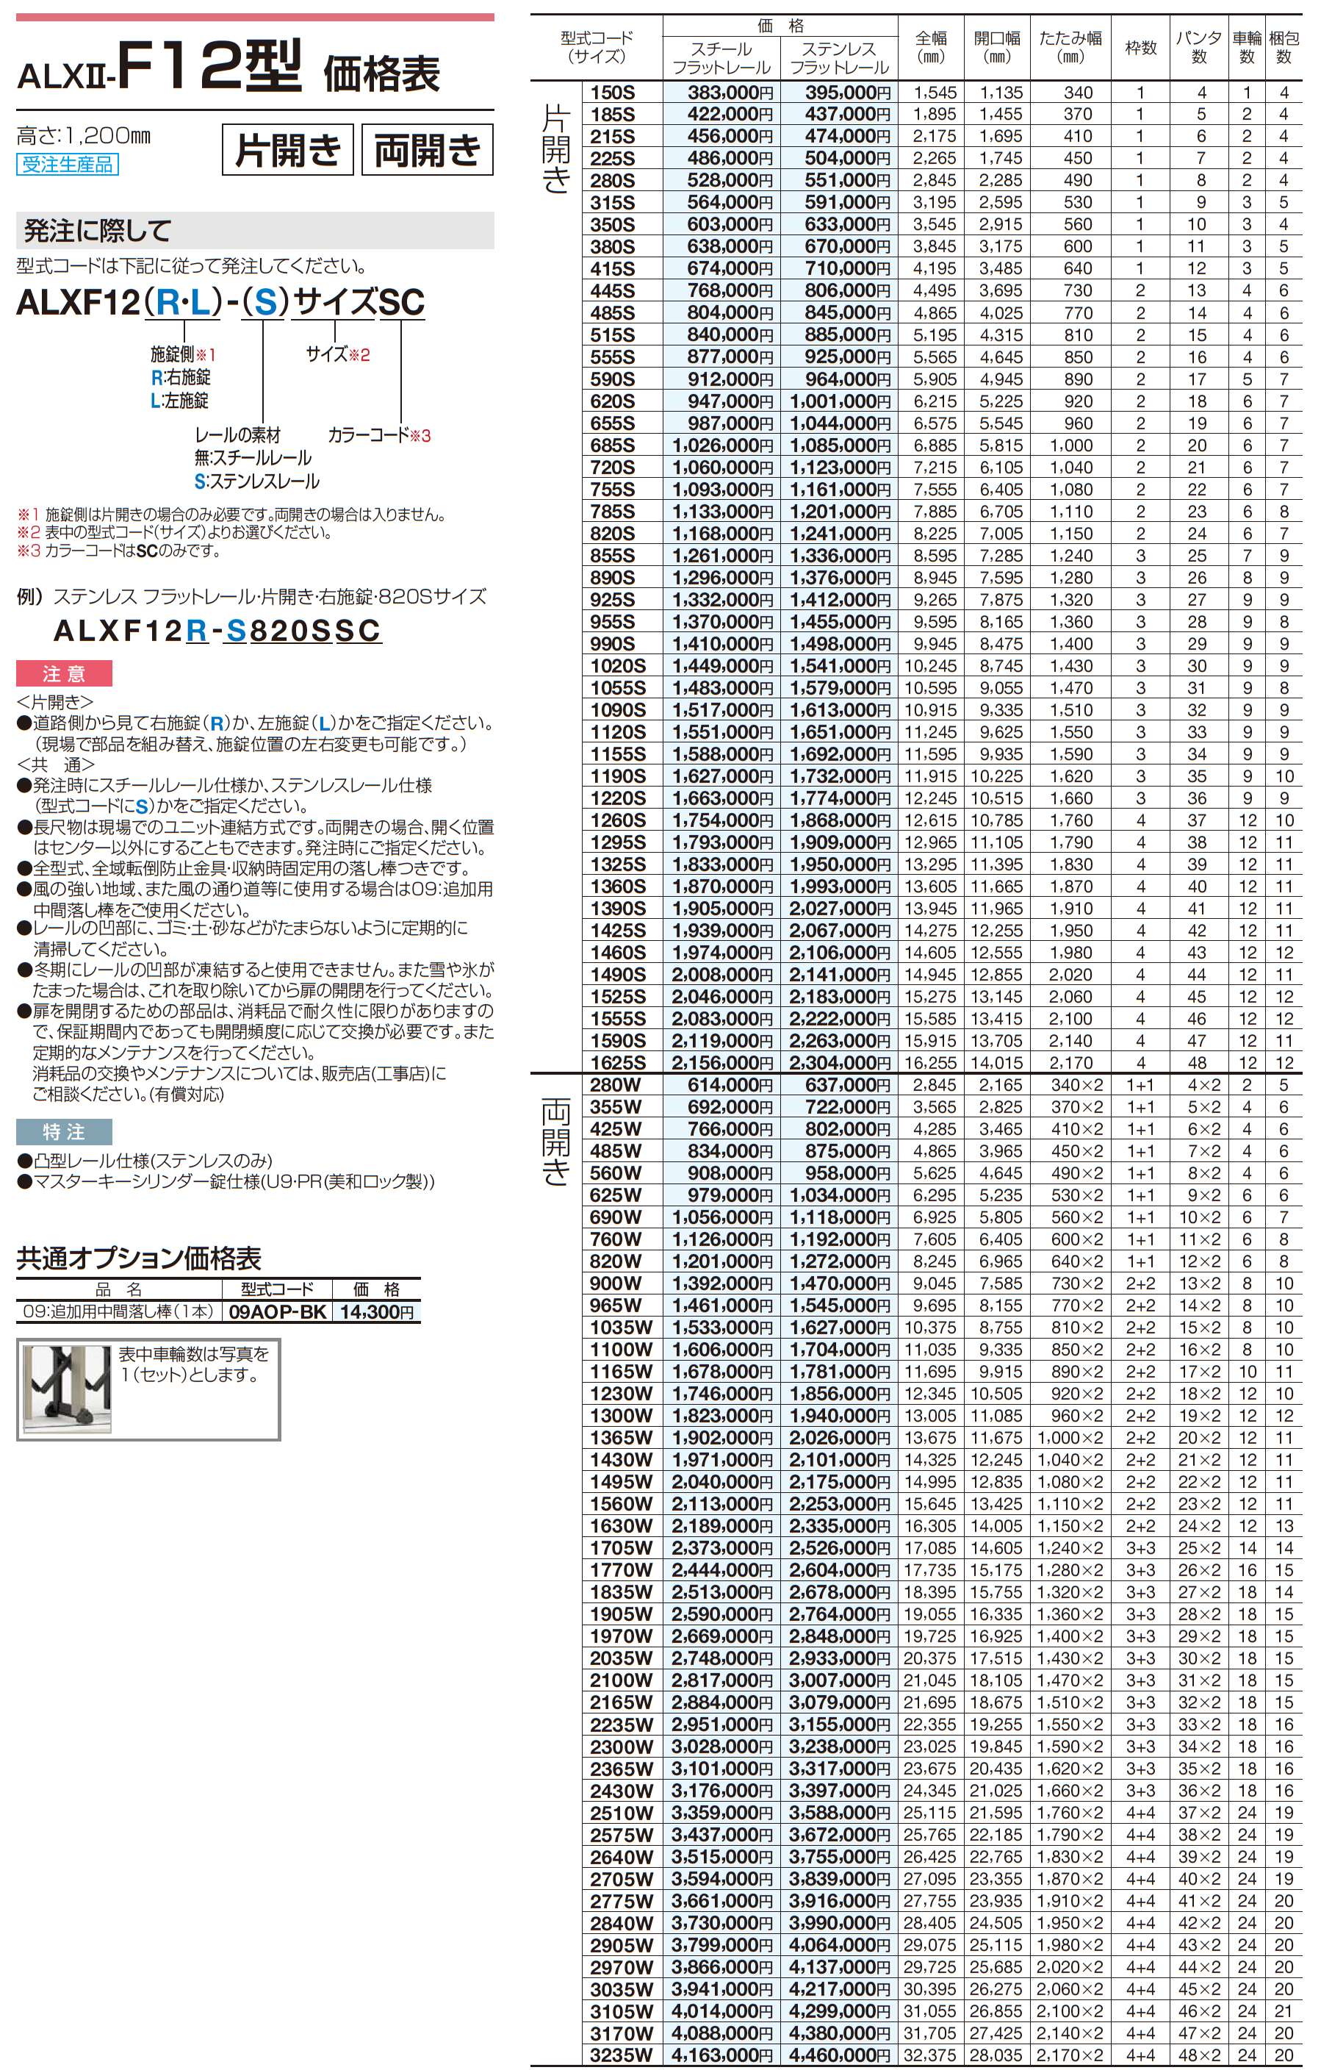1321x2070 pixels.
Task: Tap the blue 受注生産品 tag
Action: pyautogui.click(x=67, y=164)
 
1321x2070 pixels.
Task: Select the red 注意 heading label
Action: pyautogui.click(x=64, y=674)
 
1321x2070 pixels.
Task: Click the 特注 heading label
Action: pyautogui.click(x=64, y=1132)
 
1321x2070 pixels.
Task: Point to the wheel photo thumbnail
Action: pyautogui.click(x=66, y=1389)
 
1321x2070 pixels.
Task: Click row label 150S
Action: pyautogui.click(x=612, y=93)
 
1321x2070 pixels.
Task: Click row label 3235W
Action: pyautogui.click(x=621, y=2055)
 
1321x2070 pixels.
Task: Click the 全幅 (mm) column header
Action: pyautogui.click(x=931, y=47)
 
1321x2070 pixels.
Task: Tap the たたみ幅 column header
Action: pyautogui.click(x=1070, y=47)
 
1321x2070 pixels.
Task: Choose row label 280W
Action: pyautogui.click(x=616, y=1085)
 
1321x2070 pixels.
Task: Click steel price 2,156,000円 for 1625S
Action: pyautogui.click(x=722, y=1062)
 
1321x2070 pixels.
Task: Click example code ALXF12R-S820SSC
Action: pyautogui.click(x=217, y=631)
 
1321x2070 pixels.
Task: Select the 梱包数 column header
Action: pyautogui.click(x=1284, y=47)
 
